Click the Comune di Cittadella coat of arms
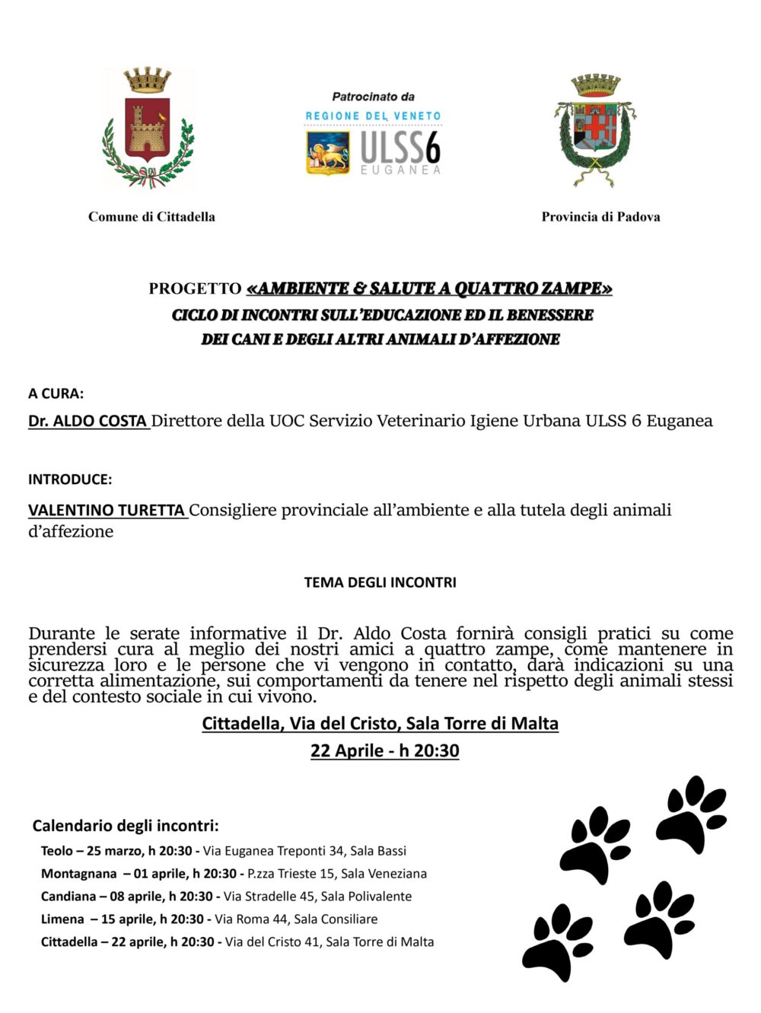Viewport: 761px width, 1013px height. (148, 127)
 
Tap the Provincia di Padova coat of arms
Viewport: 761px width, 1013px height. (595, 129)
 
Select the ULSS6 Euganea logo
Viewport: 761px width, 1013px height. (373, 150)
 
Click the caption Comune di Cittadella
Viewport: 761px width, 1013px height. (151, 217)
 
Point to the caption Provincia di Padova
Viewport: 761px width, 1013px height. (600, 217)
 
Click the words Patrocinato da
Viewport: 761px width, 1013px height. (373, 97)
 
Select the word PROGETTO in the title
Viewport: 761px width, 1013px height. (195, 289)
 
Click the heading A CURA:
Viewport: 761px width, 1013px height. (56, 393)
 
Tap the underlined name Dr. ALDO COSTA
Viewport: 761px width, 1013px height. (88, 421)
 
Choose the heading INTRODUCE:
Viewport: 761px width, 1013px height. (70, 479)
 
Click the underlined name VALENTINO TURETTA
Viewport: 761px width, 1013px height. (107, 511)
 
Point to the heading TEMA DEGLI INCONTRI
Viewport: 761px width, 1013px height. (380, 582)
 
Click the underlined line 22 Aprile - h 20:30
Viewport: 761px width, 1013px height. (384, 751)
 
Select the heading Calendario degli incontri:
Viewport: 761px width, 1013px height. (126, 826)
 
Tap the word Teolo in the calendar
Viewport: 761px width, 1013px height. (57, 851)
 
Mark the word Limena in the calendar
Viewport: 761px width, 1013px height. (62, 919)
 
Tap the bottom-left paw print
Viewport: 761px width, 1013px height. (558, 941)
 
